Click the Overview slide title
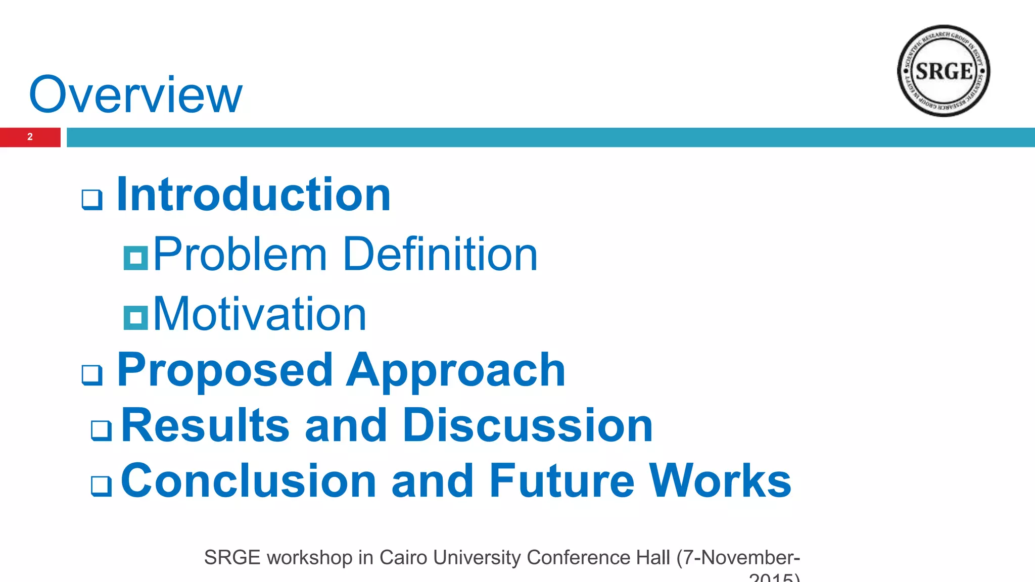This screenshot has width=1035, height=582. pos(135,94)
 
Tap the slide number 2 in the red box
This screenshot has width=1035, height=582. pos(30,137)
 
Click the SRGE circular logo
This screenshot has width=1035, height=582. pos(943,71)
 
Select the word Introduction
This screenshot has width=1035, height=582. pos(253,195)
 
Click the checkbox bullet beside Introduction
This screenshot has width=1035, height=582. pos(92,200)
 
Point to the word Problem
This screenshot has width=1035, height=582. pos(240,254)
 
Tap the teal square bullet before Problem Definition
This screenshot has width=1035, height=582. pos(135,258)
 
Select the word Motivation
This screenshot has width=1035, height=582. pos(259,314)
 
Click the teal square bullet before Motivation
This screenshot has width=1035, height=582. pos(135,318)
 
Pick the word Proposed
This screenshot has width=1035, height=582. pos(225,370)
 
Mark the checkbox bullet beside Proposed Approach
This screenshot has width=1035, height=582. pos(92,375)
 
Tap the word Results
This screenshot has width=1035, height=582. pos(205,425)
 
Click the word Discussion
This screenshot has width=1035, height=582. pos(528,425)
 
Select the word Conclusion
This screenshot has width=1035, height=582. pos(248,480)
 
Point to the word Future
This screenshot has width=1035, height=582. pos(561,480)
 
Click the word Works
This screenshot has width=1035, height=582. pos(720,480)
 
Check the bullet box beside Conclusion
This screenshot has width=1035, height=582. pos(101,486)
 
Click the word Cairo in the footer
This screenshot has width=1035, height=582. pos(403,558)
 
